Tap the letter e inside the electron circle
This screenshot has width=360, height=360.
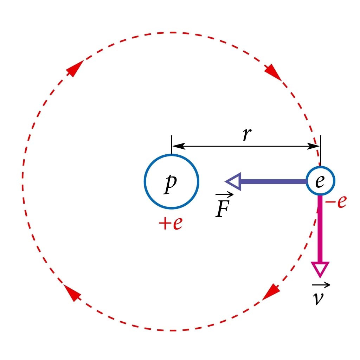coord(320,181)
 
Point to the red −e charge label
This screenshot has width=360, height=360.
coord(336,202)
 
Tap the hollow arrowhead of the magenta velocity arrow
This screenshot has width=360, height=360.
coord(320,269)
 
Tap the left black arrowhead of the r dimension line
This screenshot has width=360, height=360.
coord(178,146)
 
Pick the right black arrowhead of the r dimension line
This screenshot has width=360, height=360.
coord(314,146)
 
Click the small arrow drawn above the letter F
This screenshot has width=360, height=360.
coord(224,194)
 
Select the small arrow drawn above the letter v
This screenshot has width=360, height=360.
coord(321,285)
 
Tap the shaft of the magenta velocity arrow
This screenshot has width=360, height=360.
coord(320,229)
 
